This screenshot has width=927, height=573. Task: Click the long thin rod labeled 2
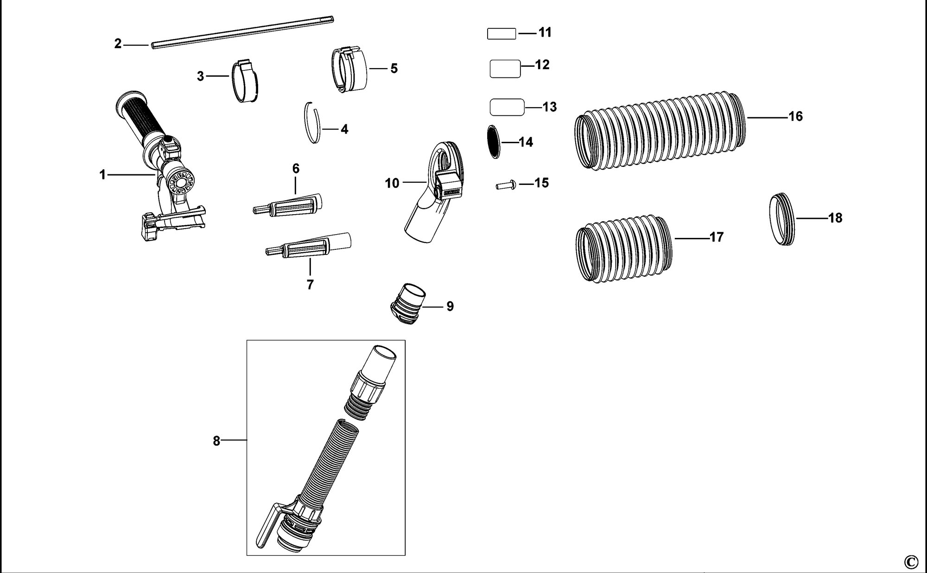tap(242, 32)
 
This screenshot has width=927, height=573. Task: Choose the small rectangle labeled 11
tap(502, 33)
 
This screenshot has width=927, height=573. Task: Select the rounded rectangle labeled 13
tap(507, 107)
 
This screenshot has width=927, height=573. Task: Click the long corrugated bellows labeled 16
tap(660, 132)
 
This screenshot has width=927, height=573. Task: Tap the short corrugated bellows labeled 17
tap(623, 248)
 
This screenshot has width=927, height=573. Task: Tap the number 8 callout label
tap(216, 441)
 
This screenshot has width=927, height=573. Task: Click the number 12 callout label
tap(542, 64)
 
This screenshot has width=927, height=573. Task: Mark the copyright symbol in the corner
tap(911, 562)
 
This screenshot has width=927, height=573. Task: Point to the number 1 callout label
tap(103, 175)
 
